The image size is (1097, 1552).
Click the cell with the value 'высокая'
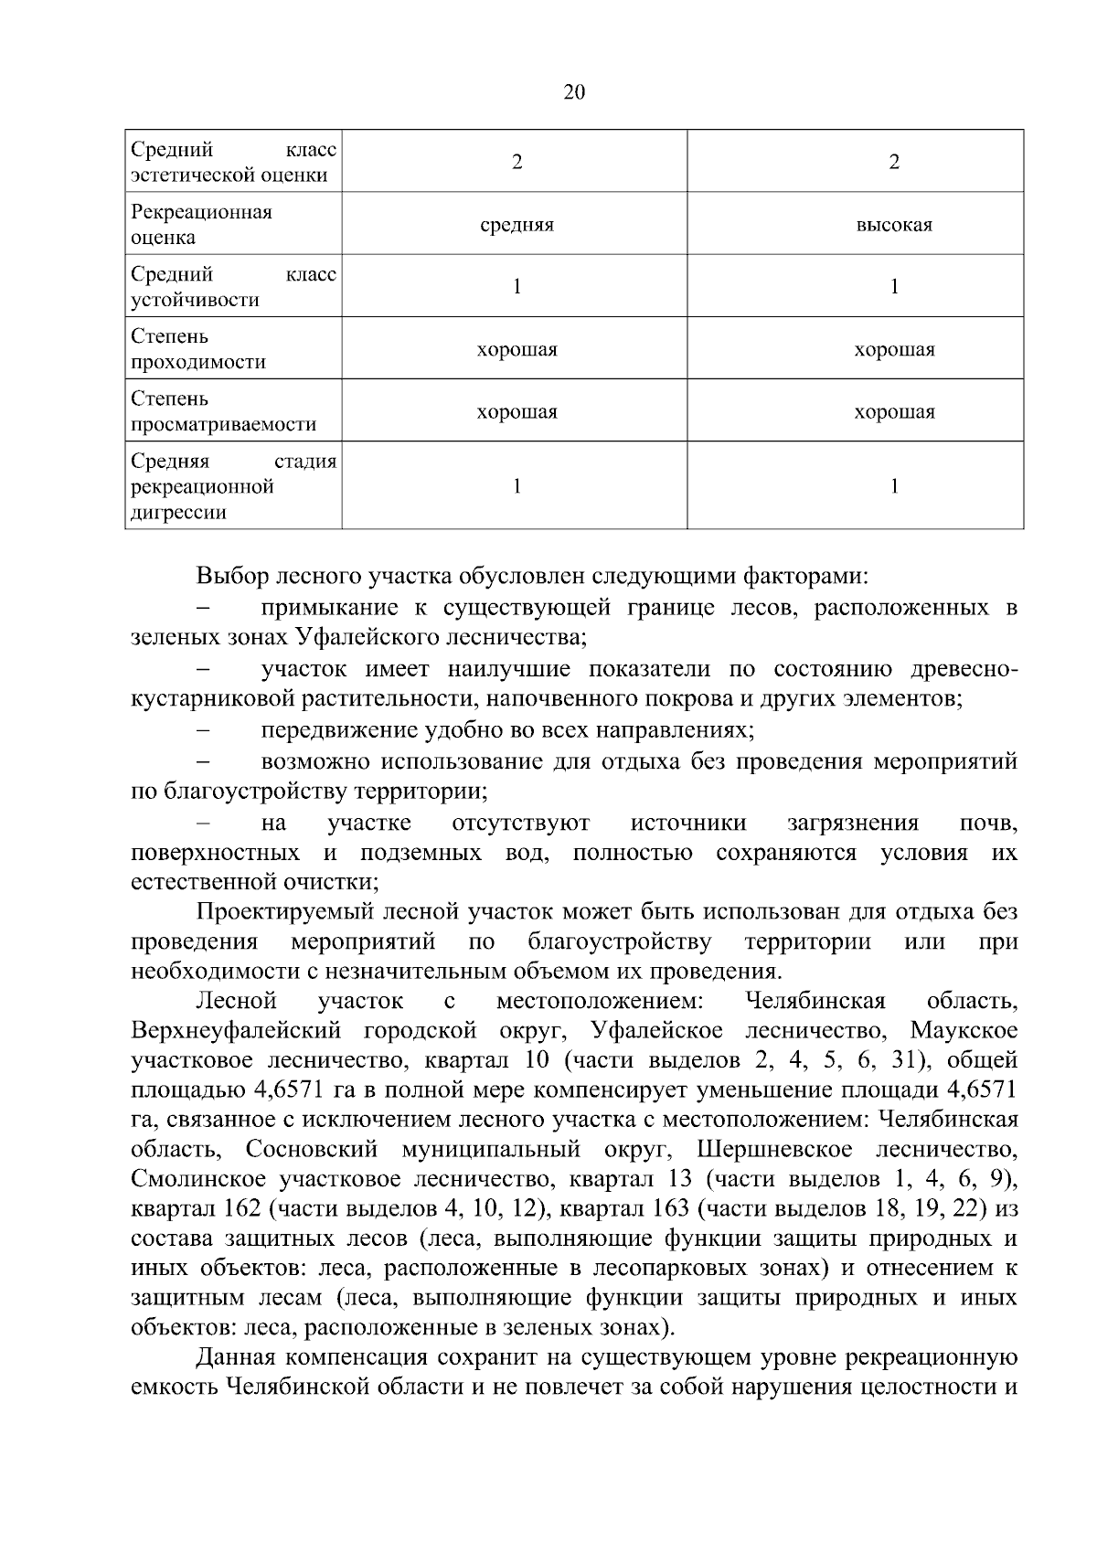pos(893,225)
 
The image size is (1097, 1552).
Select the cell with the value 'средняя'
pos(517,225)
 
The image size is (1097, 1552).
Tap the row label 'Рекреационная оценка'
pos(202,225)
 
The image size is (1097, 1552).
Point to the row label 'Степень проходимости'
pos(198,349)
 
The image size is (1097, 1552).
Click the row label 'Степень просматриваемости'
pos(223,411)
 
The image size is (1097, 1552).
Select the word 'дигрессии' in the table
pos(178,513)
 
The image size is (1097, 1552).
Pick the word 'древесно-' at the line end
pos(964,669)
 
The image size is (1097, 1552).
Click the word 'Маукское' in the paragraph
pos(964,1031)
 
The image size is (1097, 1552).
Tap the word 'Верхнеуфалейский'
pos(236,1031)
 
